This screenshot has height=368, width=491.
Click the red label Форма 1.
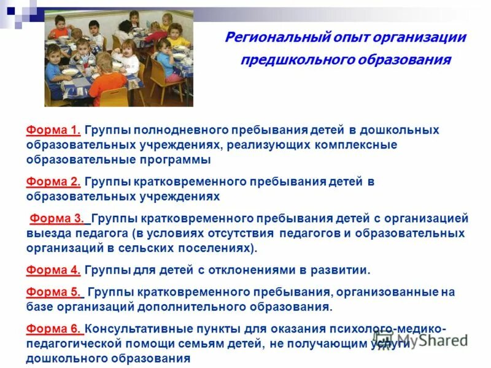coord(53,130)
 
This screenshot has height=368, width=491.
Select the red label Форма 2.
coord(53,182)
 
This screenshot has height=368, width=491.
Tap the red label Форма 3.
coord(59,218)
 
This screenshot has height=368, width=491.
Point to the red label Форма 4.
coord(53,270)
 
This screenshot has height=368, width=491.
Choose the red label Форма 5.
coord(53,292)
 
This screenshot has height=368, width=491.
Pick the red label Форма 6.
coord(53,329)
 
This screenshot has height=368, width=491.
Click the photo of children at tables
coord(118,58)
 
